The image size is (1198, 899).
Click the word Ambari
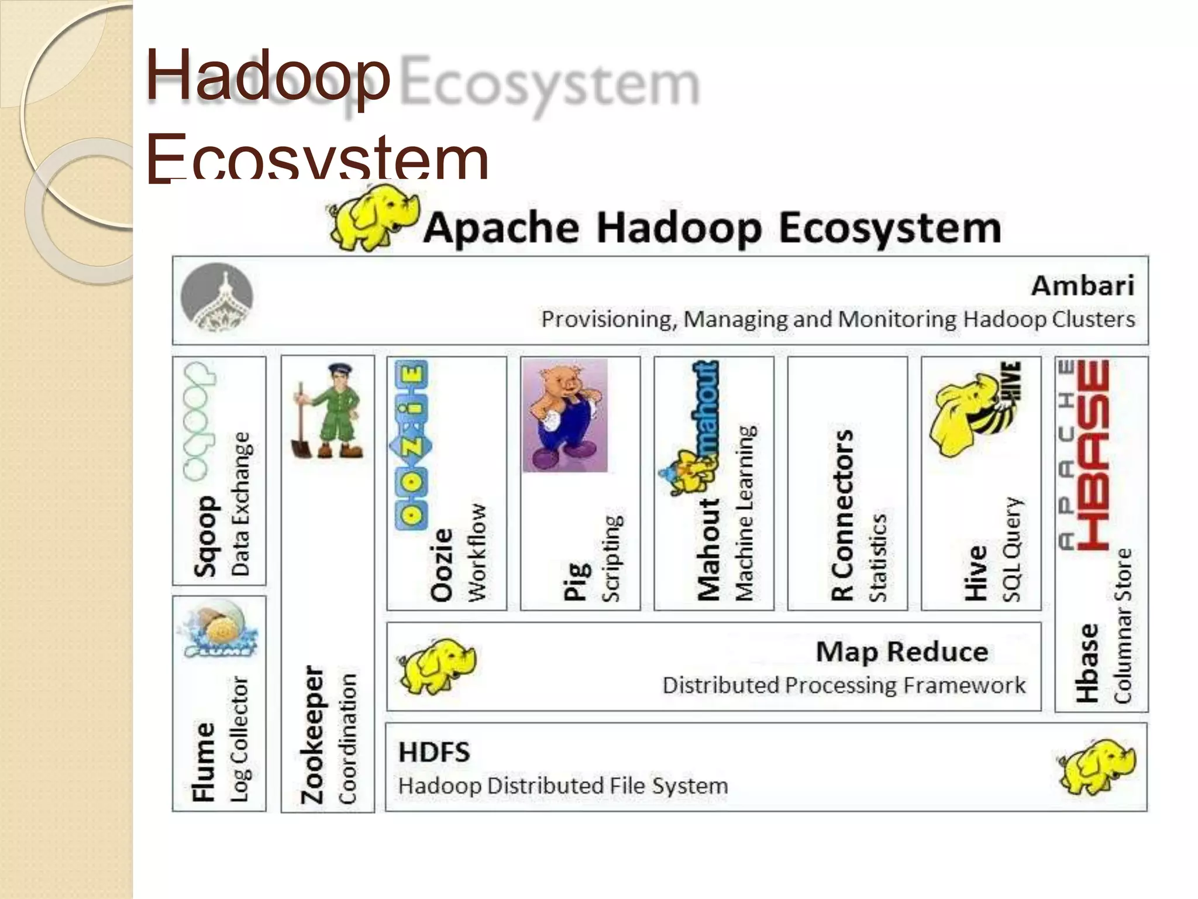pos(1082,286)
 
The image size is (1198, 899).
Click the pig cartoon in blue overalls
pos(565,416)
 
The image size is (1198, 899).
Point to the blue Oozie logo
pos(411,445)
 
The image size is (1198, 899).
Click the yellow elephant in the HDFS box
pos(1096,767)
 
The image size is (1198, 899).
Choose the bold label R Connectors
pos(842,515)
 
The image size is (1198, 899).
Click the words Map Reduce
pos(901,651)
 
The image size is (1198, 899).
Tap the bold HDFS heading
pos(434,752)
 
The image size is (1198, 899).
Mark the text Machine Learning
pos(745,513)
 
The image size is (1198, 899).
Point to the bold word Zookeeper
pos(312,734)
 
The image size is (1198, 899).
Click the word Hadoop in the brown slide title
pos(268,76)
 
